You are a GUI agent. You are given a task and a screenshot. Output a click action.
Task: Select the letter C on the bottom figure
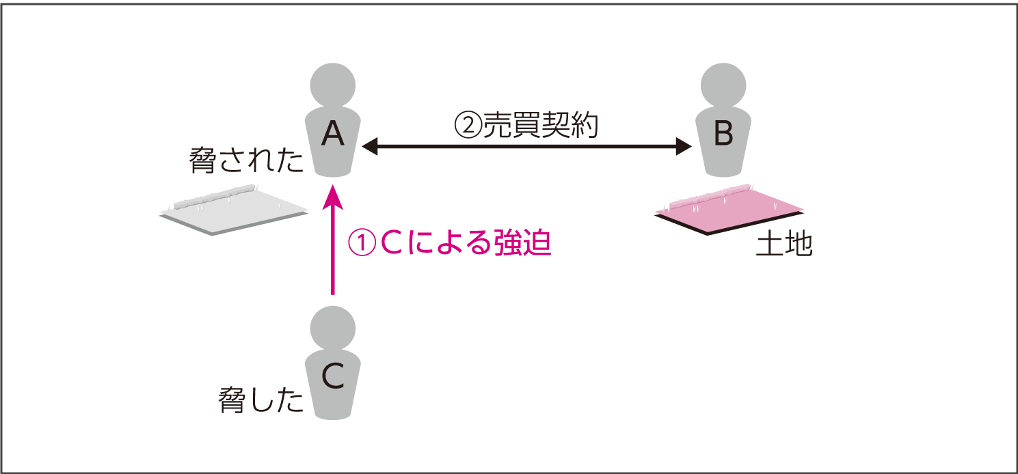pyautogui.click(x=333, y=375)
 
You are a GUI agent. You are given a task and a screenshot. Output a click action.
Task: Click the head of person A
pyautogui.click(x=333, y=85)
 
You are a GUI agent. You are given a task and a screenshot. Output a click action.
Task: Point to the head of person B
pyautogui.click(x=724, y=85)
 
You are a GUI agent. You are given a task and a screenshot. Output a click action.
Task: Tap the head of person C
pyautogui.click(x=333, y=326)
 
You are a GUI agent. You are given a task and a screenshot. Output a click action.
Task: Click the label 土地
pyautogui.click(x=784, y=245)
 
